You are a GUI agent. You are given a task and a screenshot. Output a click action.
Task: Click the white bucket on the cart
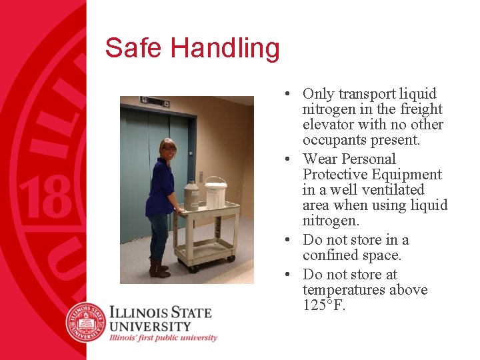point(215,193)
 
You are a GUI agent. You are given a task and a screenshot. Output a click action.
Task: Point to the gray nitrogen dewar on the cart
point(191,196)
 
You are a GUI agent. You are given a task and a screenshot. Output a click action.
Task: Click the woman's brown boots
point(159,269)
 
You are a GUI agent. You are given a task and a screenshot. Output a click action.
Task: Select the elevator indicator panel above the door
point(154,101)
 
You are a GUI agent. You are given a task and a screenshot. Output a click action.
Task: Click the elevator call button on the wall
point(201,177)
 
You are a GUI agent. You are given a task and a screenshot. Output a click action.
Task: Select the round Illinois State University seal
point(86,322)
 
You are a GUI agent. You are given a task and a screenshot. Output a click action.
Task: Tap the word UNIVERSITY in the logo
point(150,326)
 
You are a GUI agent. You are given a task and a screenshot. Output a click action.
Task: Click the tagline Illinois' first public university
point(163,338)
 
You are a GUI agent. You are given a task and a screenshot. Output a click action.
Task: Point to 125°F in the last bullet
point(324,306)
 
